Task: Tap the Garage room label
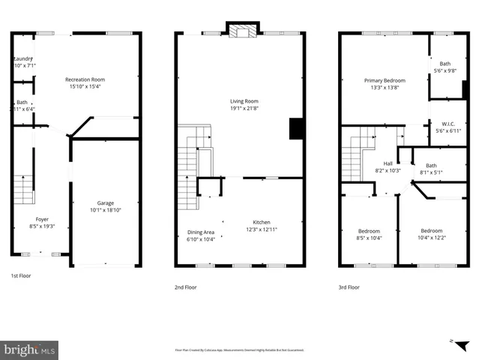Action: [x=105, y=202]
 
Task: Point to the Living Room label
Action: [x=244, y=101]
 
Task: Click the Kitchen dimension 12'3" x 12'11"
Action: [x=262, y=231]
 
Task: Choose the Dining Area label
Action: [x=201, y=232]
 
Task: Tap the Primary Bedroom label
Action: [x=385, y=80]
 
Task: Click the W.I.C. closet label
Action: [x=449, y=124]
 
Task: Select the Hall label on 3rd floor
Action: [x=388, y=163]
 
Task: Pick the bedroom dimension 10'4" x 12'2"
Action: [x=432, y=238]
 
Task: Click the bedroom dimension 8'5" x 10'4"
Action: [x=370, y=238]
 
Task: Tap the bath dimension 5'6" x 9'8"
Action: [x=445, y=71]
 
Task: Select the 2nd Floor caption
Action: [x=185, y=286]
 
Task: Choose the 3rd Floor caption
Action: [x=349, y=286]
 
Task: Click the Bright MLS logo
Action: [x=30, y=349]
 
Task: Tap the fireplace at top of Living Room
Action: [x=242, y=31]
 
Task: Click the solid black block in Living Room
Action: [x=296, y=129]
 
